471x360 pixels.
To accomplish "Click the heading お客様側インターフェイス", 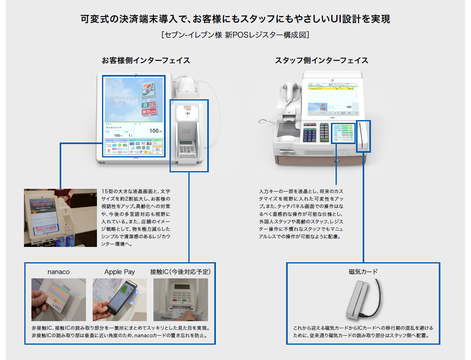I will [x=146, y=60].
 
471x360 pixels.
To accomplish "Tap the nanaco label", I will [x=58, y=272].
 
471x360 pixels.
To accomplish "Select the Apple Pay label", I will [x=119, y=272].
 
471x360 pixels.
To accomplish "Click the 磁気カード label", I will [x=363, y=272].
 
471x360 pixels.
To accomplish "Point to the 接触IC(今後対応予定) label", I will [x=181, y=272].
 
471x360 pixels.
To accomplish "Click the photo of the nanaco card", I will [x=58, y=300].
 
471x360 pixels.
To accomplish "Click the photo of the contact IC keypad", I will [x=181, y=300].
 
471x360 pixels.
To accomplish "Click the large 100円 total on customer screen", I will [x=155, y=131].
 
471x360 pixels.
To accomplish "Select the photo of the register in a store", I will [x=60, y=218].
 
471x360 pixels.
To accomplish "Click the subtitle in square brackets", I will [x=235, y=35].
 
